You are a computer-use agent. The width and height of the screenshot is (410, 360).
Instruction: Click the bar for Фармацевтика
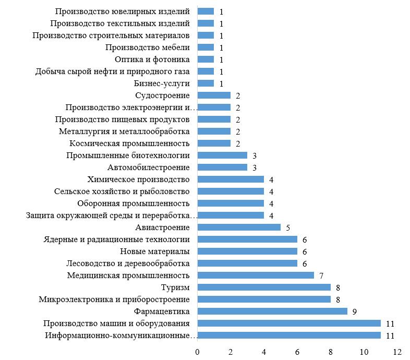(272, 311)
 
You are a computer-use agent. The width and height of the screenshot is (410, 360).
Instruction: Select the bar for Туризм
(264, 287)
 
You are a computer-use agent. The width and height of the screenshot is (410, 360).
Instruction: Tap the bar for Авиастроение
(239, 227)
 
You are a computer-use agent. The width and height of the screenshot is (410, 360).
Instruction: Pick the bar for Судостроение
(214, 95)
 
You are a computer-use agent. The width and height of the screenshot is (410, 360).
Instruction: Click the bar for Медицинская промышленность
(256, 275)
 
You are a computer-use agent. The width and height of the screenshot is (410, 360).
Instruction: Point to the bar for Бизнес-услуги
(206, 83)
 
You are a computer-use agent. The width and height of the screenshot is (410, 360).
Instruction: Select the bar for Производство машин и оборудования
(289, 323)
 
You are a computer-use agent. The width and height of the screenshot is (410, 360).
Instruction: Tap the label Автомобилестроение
(149, 167)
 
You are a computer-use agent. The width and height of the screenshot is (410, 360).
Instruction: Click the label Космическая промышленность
(129, 143)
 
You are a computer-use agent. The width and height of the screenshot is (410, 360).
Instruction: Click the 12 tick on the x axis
(397, 352)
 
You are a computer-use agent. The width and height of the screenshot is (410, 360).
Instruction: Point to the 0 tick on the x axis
(197, 352)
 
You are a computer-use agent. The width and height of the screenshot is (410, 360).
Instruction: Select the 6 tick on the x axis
(297, 352)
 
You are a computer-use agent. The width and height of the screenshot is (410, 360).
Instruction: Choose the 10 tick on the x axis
(364, 352)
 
